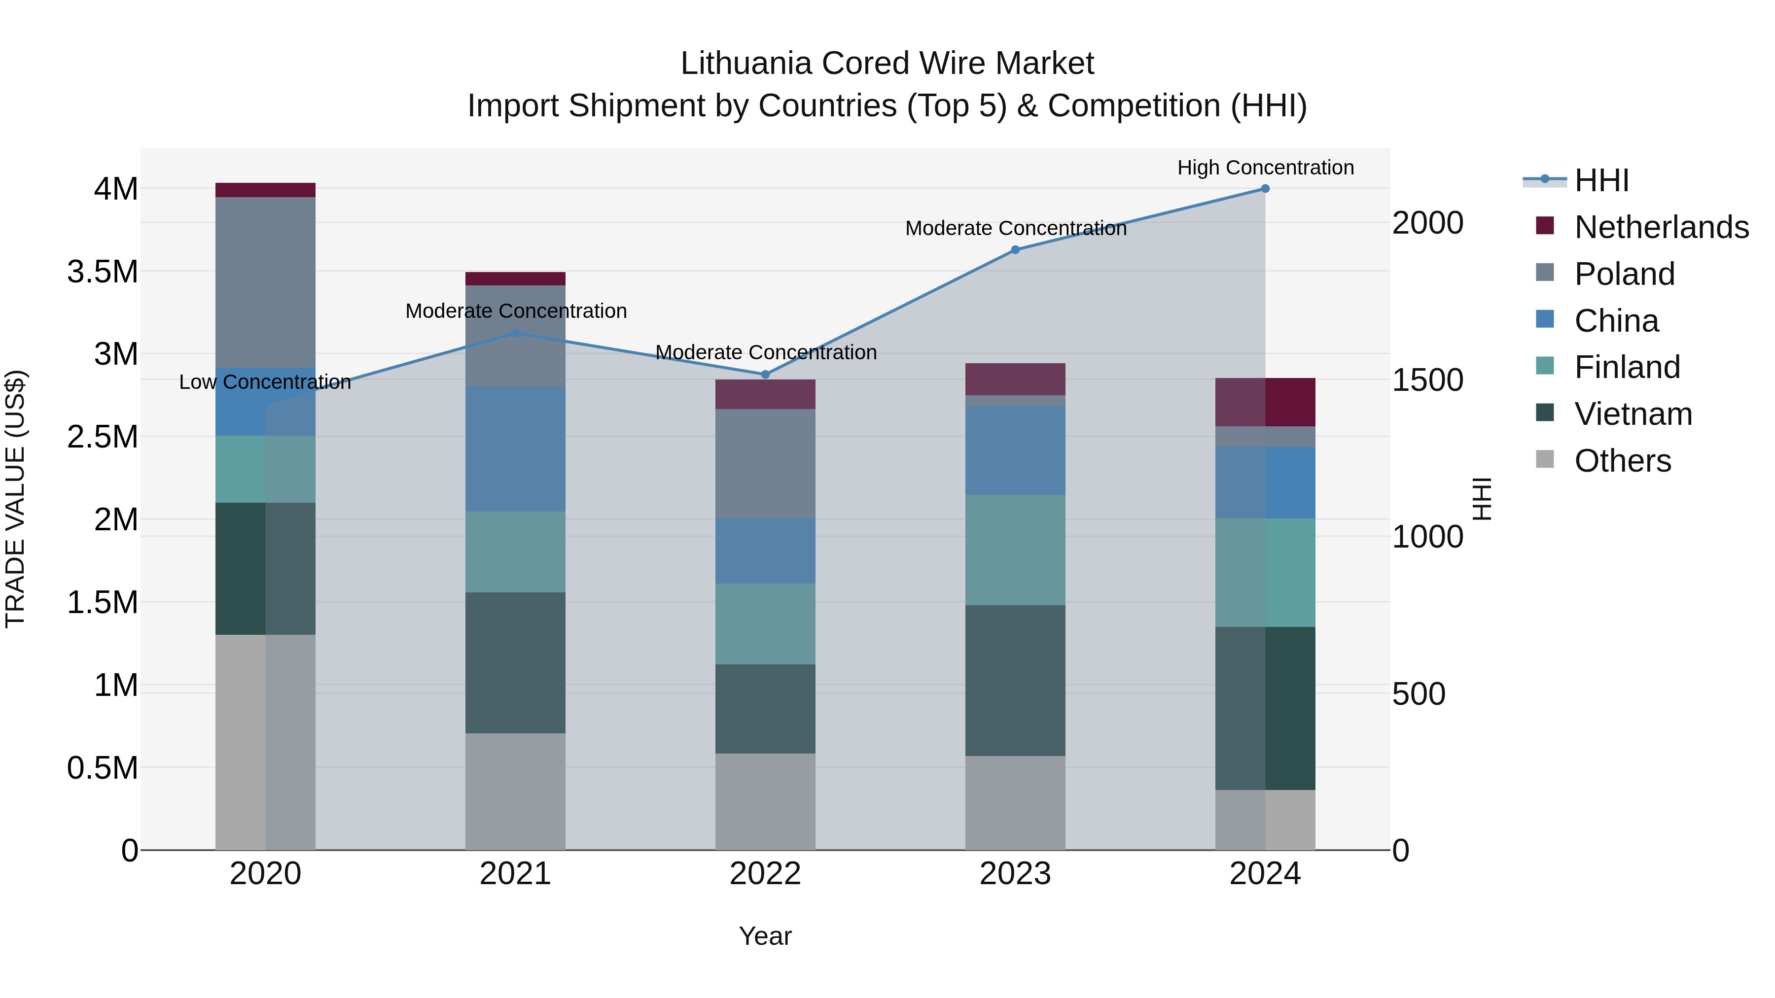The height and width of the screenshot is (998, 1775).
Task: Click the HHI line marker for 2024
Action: pyautogui.click(x=1265, y=189)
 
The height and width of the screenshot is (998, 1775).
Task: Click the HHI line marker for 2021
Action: pyautogui.click(x=515, y=333)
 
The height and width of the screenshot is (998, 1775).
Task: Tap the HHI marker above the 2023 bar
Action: pyautogui.click(x=1015, y=250)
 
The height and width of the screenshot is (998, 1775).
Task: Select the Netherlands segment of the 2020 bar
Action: pyautogui.click(x=265, y=190)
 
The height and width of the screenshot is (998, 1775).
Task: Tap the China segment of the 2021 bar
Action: pyautogui.click(x=515, y=449)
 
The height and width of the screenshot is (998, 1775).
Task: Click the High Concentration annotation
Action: pyautogui.click(x=1265, y=168)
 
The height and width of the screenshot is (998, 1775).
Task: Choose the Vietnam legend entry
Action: pyautogui.click(x=1633, y=414)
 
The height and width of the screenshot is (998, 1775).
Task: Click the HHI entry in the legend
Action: pyautogui.click(x=1601, y=180)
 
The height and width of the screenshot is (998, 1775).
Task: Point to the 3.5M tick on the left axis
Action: pyautogui.click(x=103, y=272)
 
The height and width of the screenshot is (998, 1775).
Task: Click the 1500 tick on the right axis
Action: pyautogui.click(x=1427, y=380)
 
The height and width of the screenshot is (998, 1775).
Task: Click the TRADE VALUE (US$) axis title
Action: pyautogui.click(x=15, y=499)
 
